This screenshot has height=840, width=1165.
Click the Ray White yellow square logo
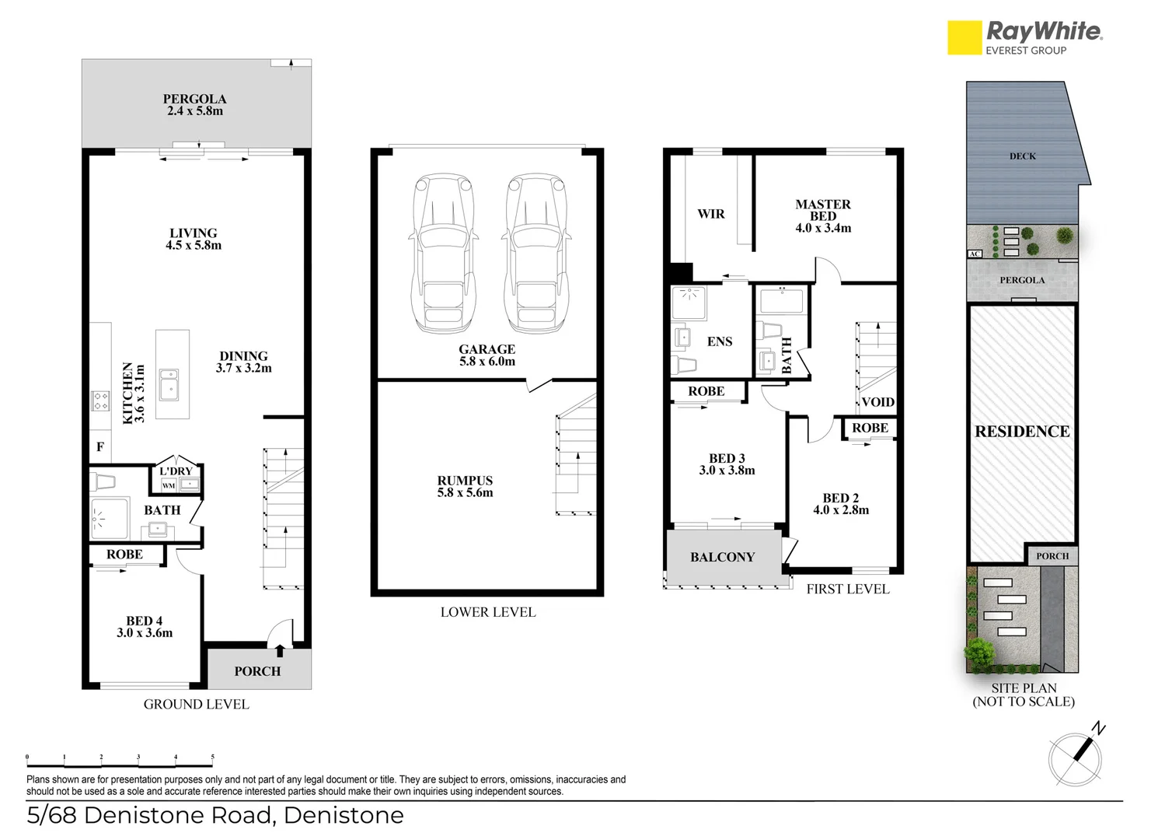tap(964, 37)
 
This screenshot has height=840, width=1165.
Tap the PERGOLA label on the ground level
tap(194, 100)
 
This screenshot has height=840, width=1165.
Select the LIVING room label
tap(193, 233)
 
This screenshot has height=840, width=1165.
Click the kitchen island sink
tap(168, 383)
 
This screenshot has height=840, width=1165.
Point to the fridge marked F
tap(100, 446)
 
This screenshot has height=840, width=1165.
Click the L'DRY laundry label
tap(176, 471)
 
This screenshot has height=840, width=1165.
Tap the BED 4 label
tap(145, 621)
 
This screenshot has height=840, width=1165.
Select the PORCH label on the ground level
tap(257, 671)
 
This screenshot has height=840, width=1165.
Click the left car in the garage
tap(444, 254)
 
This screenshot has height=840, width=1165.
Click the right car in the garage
tap(535, 254)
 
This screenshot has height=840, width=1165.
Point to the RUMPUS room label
tap(465, 481)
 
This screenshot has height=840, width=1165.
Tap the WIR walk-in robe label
tap(710, 214)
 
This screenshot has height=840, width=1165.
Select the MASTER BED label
tap(823, 210)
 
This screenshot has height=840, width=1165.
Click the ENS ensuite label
tap(720, 341)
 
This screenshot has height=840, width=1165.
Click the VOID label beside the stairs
tap(877, 402)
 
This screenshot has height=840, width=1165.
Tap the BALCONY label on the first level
tap(722, 557)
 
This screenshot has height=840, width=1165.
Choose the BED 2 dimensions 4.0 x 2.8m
tap(841, 510)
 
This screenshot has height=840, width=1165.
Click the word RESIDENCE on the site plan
tap(1022, 432)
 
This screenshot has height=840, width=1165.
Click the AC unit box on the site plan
tap(975, 254)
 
